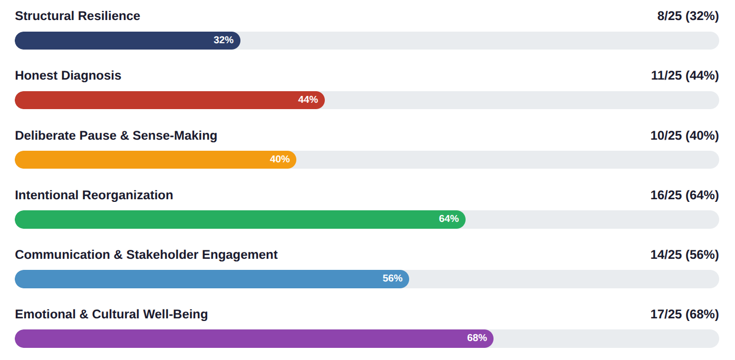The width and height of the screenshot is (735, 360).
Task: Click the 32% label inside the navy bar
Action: point(224,41)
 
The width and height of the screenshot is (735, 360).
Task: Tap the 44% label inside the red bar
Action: point(308,100)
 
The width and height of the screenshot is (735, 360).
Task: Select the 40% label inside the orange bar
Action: point(279,160)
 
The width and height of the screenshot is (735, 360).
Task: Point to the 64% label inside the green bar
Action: point(449,219)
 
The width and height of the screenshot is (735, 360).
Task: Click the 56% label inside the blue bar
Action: point(392,279)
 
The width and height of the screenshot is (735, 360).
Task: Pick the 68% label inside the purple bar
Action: point(477,338)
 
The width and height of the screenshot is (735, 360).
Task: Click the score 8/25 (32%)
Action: point(688,16)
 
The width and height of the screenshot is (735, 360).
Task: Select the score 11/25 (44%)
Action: point(684,76)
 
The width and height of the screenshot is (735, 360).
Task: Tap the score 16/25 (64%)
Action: point(684,196)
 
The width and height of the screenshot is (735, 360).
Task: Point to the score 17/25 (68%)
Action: point(684,315)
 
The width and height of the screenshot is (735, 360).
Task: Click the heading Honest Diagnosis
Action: point(68,76)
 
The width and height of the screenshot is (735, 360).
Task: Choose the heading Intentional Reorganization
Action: point(94,196)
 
